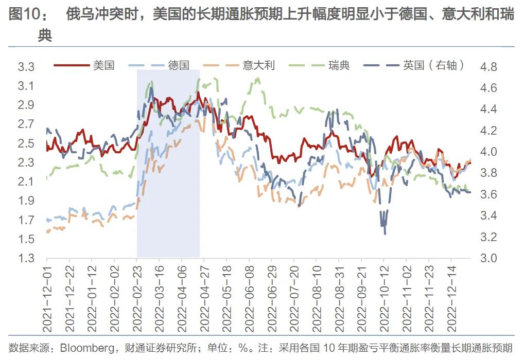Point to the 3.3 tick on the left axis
point(26,67)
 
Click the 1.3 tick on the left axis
point(26,258)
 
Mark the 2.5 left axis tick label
point(26,143)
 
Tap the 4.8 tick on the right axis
point(489,67)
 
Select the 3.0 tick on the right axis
point(489,258)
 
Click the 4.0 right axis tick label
point(489,152)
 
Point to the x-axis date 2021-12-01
point(47,299)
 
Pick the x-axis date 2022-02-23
point(137,299)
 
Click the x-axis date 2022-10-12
point(384,299)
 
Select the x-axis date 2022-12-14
point(451,299)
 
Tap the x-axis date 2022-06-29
point(272,299)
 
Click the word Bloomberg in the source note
point(87,348)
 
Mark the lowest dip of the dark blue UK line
point(385,234)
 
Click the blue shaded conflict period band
point(168,164)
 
